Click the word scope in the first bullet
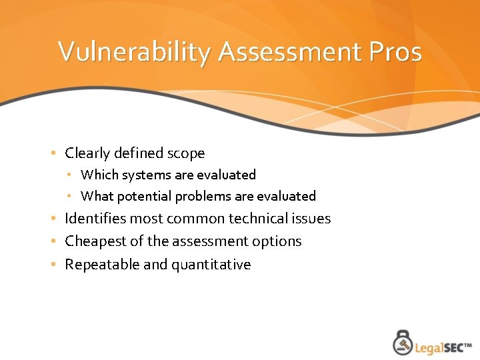tap(187, 153)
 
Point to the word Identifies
tap(95, 219)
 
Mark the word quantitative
tap(211, 265)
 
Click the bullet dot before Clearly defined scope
tap(53, 154)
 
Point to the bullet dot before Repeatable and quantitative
tap(53, 265)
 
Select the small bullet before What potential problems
tap(70, 196)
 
